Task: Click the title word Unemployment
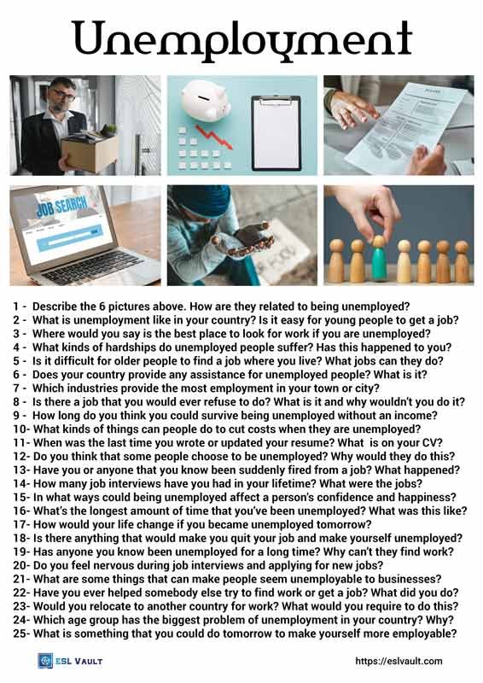[241, 38]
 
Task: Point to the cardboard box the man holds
[89, 151]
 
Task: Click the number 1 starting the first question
[16, 306]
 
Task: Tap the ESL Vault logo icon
[46, 661]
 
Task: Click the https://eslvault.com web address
[399, 661]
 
